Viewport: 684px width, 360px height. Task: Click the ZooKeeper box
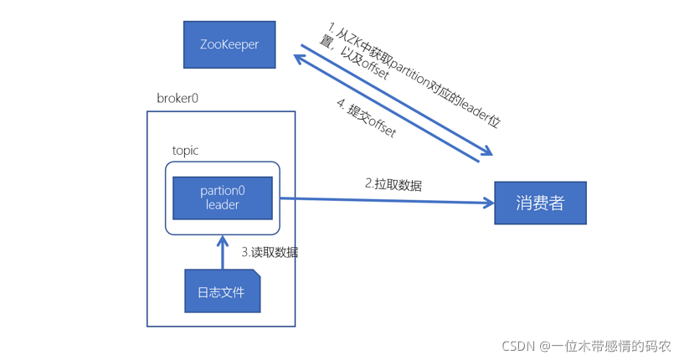[x=229, y=44]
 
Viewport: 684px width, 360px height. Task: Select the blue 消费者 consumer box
[x=540, y=203]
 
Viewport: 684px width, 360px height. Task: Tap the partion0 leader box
[x=223, y=198]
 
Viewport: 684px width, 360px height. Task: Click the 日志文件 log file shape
[x=222, y=291]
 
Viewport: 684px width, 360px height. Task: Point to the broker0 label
[x=177, y=98]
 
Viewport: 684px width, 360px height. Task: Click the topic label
[x=185, y=151]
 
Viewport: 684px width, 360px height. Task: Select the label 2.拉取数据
[x=393, y=184]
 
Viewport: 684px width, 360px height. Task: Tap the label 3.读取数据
[x=270, y=251]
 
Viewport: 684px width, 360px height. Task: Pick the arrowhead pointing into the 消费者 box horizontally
[x=487, y=202]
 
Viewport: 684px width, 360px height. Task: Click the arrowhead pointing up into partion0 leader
[x=223, y=241]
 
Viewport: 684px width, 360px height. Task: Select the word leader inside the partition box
[x=223, y=205]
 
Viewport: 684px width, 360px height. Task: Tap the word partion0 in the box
[x=223, y=191]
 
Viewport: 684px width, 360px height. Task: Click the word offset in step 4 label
[x=381, y=127]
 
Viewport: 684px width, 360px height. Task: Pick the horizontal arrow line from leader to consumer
[x=385, y=200]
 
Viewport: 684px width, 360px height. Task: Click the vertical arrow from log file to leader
[x=223, y=255]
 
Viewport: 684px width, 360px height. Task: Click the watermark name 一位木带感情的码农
[x=611, y=346]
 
